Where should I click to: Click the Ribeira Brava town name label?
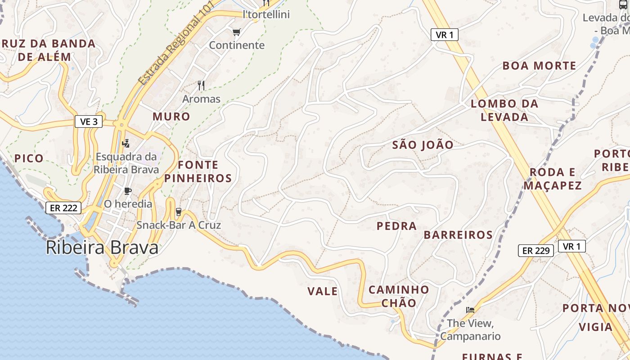(102, 248)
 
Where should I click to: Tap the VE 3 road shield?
(89, 121)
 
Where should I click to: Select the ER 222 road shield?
(63, 208)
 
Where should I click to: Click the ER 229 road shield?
(536, 251)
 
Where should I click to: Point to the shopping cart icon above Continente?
(237, 32)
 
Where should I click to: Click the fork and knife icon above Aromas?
(201, 85)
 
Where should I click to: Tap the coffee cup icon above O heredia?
(128, 191)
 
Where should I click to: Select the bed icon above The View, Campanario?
(470, 310)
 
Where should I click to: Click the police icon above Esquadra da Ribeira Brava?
(126, 144)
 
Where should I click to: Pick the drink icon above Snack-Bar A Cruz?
(178, 211)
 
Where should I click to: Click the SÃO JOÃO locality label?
(423, 145)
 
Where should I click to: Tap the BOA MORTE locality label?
(539, 66)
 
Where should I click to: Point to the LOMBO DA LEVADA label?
(504, 110)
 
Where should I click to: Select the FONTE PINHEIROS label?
(198, 171)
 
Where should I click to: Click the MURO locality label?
(171, 117)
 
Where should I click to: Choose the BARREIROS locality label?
(458, 235)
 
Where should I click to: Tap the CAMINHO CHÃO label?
(399, 296)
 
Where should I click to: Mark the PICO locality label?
(29, 158)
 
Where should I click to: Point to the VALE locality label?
(322, 292)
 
